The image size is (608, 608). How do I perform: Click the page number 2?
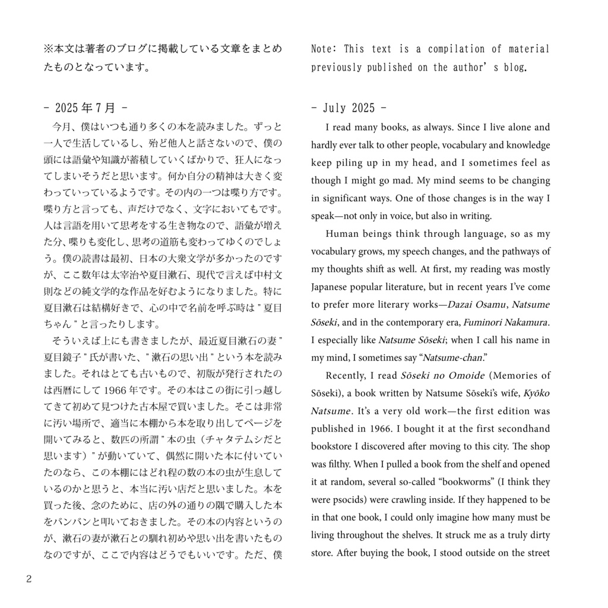pyautogui.click(x=28, y=579)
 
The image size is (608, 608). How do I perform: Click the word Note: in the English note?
pyautogui.click(x=324, y=49)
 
